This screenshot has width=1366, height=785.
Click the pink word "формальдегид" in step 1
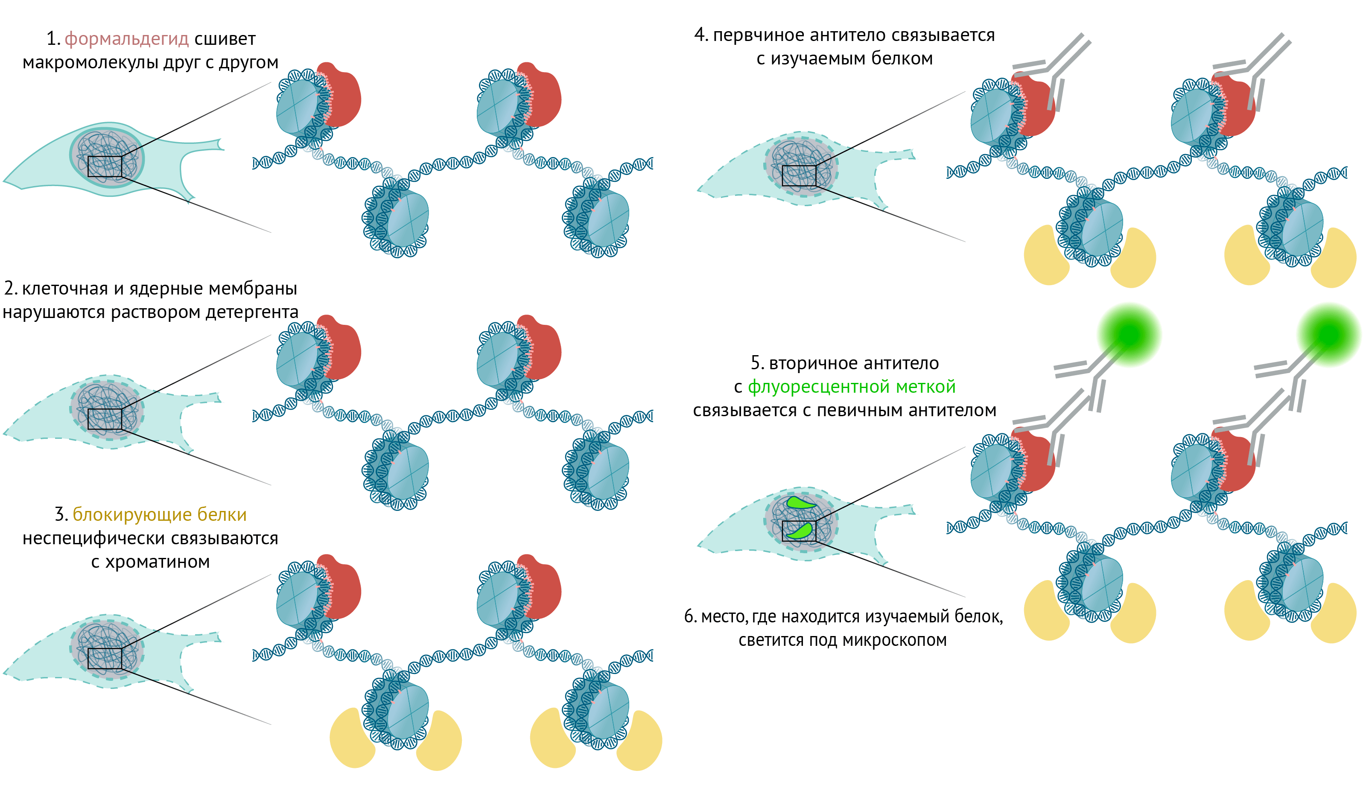[127, 39]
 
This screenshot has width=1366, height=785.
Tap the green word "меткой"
[925, 387]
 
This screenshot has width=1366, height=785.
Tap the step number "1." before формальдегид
[53, 39]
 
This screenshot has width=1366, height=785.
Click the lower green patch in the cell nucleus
[800, 531]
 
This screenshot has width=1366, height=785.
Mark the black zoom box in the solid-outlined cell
[105, 166]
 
